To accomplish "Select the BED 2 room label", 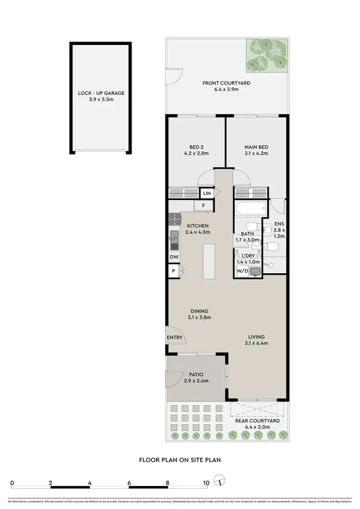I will (x=196, y=150).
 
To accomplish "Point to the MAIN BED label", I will (x=256, y=150).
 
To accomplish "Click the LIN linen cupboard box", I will (x=207, y=193).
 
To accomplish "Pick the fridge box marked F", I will (x=204, y=206).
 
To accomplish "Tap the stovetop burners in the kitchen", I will (x=173, y=220).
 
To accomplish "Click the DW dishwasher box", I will (x=173, y=257).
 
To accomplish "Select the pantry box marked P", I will (x=173, y=271).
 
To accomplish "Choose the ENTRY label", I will (x=174, y=338).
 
